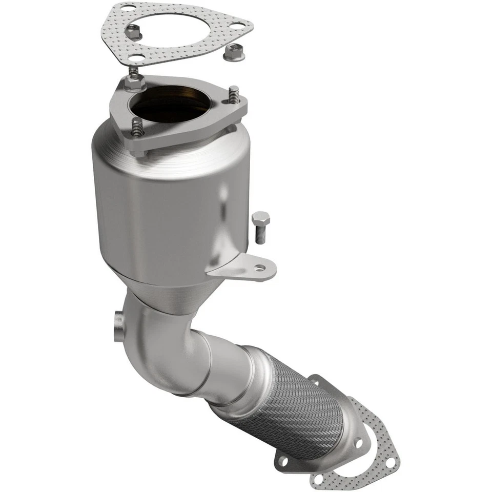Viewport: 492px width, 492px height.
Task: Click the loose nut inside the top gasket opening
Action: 134,33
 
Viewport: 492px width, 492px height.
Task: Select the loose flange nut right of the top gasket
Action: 234,52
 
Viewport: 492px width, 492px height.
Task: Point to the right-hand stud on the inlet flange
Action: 234,95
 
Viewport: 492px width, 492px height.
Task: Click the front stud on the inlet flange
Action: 137,128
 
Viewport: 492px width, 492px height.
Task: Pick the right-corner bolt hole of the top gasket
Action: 237,25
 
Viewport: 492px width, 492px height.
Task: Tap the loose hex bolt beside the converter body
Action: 260,225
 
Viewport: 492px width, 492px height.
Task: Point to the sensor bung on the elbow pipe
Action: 117,325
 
